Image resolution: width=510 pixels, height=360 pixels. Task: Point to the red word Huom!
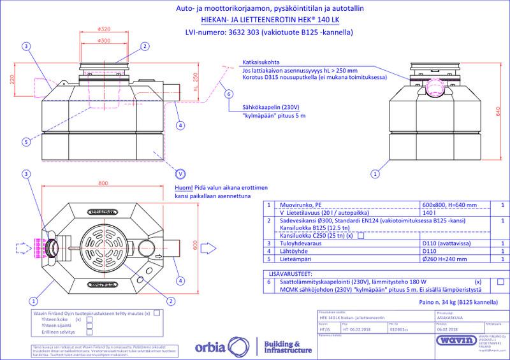pyautogui.click(x=183, y=189)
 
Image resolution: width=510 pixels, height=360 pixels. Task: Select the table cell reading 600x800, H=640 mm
pyautogui.click(x=449, y=205)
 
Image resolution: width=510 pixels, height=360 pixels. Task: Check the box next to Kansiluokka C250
pyautogui.click(x=361, y=236)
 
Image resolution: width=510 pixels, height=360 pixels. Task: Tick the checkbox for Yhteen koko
pyautogui.click(x=89, y=319)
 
